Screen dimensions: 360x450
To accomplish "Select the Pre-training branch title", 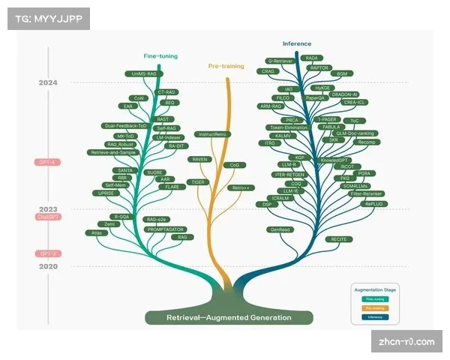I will click(x=226, y=66).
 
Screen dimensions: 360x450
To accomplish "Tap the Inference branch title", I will click(x=297, y=43).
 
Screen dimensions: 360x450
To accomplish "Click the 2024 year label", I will click(x=49, y=82).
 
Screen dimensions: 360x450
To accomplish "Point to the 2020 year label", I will click(x=49, y=265).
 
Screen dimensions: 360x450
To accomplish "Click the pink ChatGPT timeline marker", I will click(x=48, y=217).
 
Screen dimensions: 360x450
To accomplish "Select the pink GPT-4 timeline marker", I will click(x=48, y=162).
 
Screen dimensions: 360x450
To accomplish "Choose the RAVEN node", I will click(x=200, y=159).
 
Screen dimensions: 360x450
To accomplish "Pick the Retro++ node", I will click(x=240, y=187).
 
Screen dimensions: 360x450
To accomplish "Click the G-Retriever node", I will click(x=279, y=61).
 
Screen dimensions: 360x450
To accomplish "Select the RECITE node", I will click(x=338, y=238).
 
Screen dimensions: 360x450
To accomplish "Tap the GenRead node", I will click(x=279, y=229).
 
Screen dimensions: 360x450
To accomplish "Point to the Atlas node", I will click(x=97, y=233).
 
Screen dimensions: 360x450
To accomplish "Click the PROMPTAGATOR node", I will click(x=165, y=229).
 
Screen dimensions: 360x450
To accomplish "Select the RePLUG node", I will click(x=373, y=203).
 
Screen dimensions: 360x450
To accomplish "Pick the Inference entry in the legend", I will click(x=375, y=316).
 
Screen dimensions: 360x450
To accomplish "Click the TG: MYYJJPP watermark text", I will click(x=47, y=18).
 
